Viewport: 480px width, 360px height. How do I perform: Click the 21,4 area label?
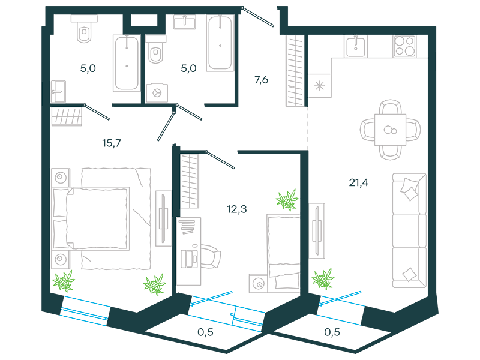[358, 183]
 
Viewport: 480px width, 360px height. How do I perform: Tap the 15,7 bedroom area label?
[112, 143]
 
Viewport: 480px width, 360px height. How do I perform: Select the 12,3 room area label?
[236, 209]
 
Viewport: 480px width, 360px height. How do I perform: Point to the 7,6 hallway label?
[261, 80]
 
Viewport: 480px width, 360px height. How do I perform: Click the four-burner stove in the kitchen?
[404, 46]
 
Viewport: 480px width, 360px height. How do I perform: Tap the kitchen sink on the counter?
[355, 46]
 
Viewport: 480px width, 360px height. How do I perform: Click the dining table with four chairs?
[391, 130]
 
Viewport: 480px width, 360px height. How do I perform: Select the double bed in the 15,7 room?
[91, 218]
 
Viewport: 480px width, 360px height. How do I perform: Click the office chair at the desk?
[210, 257]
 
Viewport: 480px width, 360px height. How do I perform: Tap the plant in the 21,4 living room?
[323, 278]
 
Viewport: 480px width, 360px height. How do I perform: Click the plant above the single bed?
[287, 200]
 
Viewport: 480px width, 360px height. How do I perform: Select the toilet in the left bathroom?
[84, 29]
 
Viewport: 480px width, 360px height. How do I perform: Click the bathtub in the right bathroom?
[220, 43]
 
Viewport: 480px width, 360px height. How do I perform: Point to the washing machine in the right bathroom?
[157, 93]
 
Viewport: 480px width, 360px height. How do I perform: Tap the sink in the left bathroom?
[58, 92]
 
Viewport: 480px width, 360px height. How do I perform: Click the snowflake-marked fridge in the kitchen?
[320, 86]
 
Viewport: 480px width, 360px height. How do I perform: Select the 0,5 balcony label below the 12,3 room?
[205, 332]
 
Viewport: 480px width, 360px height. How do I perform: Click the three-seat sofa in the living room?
[410, 230]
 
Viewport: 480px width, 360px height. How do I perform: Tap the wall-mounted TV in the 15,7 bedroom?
[163, 218]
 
